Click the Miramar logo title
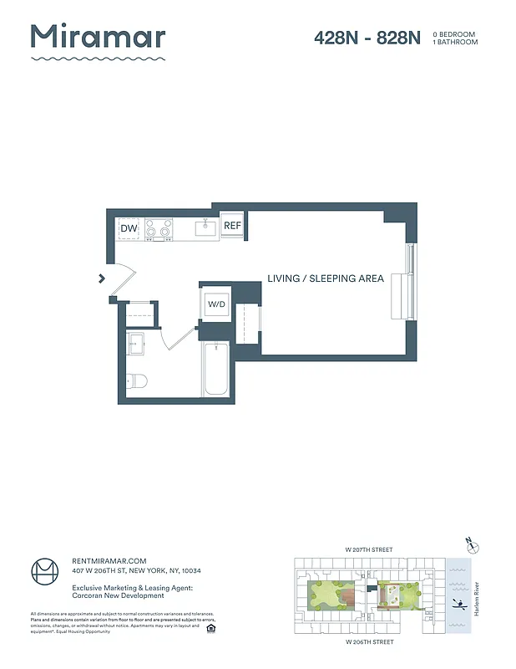pyautogui.click(x=99, y=37)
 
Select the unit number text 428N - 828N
pyautogui.click(x=367, y=38)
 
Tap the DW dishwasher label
pyautogui.click(x=129, y=228)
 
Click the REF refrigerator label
pyautogui.click(x=232, y=226)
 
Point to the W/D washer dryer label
pyautogui.click(x=216, y=304)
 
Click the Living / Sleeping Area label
pyautogui.click(x=326, y=278)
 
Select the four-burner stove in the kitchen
pyautogui.click(x=159, y=228)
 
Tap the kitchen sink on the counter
pyautogui.click(x=205, y=227)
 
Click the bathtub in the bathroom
pyautogui.click(x=215, y=370)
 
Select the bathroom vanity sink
pyautogui.click(x=136, y=342)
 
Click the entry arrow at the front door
pyautogui.click(x=102, y=278)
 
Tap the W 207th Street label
pyautogui.click(x=370, y=549)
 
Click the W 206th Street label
pyautogui.click(x=370, y=643)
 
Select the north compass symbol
pyautogui.click(x=474, y=547)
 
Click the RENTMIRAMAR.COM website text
pyautogui.click(x=109, y=560)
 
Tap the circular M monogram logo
pyautogui.click(x=45, y=571)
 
